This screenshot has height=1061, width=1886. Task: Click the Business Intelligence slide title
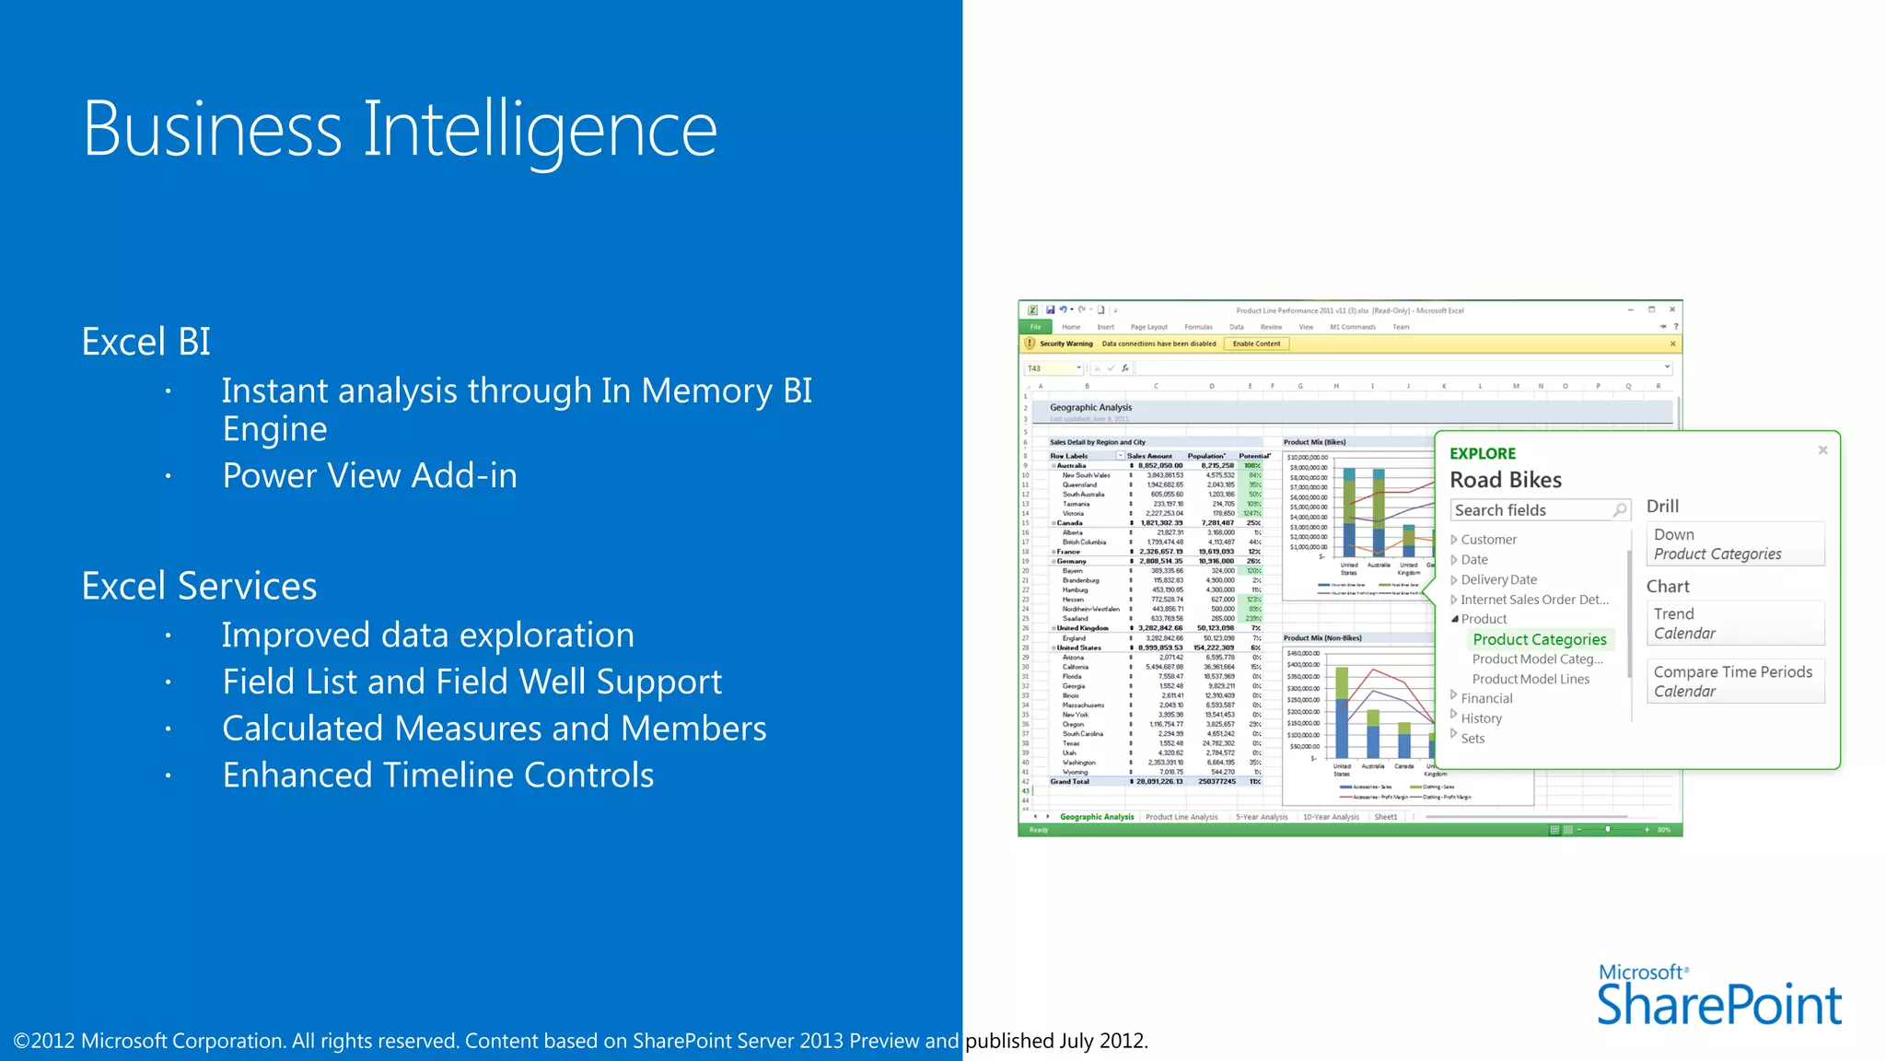[x=400, y=129]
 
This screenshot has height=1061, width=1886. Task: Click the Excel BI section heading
[x=146, y=342]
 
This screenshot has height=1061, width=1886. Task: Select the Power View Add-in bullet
[x=369, y=475]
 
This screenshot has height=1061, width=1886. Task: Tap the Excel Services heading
[x=199, y=586]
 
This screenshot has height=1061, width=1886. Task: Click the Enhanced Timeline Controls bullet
[x=437, y=775]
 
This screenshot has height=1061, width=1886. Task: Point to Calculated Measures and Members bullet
[x=494, y=728]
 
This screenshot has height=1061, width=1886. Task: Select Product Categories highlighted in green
[x=1539, y=639]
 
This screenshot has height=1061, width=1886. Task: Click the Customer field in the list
[x=1488, y=540]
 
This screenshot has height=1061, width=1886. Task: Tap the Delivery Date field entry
[x=1498, y=579]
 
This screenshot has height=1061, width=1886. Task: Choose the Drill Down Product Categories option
[x=1733, y=544]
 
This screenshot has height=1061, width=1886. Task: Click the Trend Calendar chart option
[x=1733, y=624]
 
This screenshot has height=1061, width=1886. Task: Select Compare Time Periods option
[x=1733, y=681]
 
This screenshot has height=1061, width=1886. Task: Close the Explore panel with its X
[x=1822, y=450]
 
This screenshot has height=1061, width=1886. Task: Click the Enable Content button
[x=1256, y=344]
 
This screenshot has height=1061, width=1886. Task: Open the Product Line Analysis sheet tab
[x=1182, y=817]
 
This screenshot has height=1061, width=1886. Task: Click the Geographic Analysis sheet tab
[x=1097, y=817]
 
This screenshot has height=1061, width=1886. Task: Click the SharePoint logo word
[x=1718, y=1005]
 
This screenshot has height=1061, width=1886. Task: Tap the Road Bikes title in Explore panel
[x=1506, y=480]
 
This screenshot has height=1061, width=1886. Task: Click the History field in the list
[x=1481, y=718]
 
